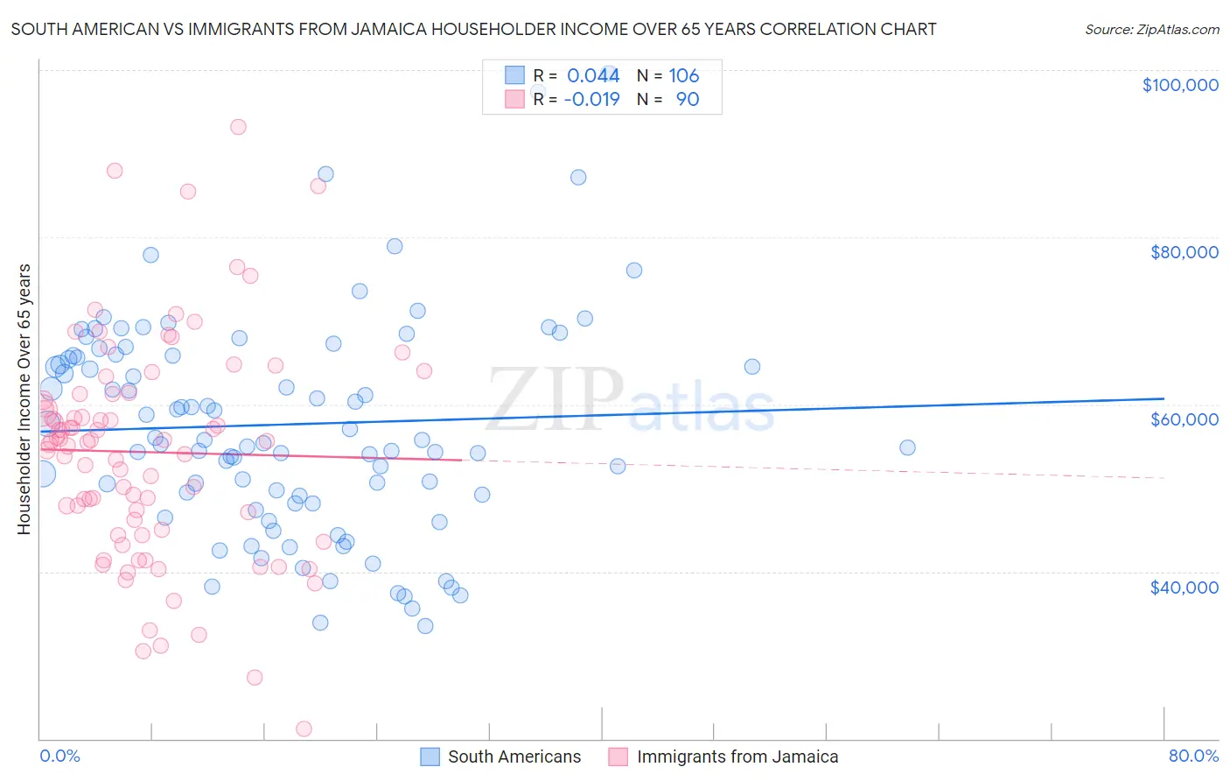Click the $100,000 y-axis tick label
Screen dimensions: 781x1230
coord(1179,85)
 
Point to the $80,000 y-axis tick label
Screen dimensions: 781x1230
coord(1184,252)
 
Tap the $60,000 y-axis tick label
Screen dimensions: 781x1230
coord(1184,419)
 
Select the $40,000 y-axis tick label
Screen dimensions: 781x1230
coord(1184,587)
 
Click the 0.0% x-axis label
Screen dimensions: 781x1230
coord(59,756)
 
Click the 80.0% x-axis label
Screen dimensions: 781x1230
coord(1193,756)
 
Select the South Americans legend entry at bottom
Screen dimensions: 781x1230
coord(514,756)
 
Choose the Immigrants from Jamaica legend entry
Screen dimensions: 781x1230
coord(737,756)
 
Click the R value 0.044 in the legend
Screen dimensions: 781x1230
coord(593,76)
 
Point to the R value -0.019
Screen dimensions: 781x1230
coord(591,100)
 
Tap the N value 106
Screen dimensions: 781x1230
coord(683,76)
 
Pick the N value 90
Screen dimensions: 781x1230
coord(687,100)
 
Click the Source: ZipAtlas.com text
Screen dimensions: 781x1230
coord(1151,29)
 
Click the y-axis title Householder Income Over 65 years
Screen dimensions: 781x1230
coord(24,398)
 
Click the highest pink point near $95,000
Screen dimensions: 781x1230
coord(238,127)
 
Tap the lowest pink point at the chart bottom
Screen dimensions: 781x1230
coord(304,728)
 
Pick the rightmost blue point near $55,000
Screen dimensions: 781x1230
coord(907,447)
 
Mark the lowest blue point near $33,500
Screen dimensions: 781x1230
coord(425,626)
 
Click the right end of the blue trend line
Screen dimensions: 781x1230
coord(1164,398)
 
